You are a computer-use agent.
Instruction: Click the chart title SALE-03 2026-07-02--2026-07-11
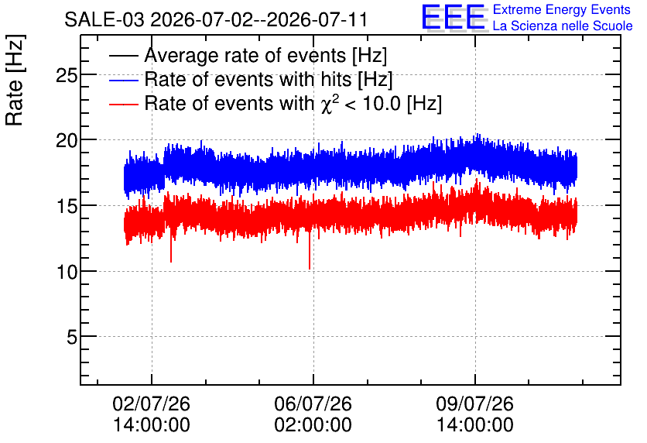(x=216, y=19)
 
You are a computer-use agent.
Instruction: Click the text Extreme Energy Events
(x=562, y=9)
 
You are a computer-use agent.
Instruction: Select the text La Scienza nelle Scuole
(x=563, y=26)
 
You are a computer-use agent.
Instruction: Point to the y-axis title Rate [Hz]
(x=15, y=80)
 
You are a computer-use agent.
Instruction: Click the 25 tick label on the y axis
(x=67, y=75)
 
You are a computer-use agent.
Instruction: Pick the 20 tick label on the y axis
(x=67, y=141)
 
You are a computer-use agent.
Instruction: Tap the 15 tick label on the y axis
(x=67, y=206)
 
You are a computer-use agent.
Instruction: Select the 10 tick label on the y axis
(x=67, y=272)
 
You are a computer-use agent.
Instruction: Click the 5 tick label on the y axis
(x=72, y=337)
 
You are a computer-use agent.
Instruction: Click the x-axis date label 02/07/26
(x=152, y=404)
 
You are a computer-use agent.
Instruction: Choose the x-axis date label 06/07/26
(x=313, y=404)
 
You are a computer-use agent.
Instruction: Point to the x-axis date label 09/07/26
(x=475, y=404)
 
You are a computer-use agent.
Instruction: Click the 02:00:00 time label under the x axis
(x=313, y=424)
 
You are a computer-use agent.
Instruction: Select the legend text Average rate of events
(x=245, y=55)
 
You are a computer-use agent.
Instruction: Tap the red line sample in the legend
(x=124, y=104)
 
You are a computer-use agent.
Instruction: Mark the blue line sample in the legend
(x=124, y=80)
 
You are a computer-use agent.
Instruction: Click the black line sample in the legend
(x=124, y=56)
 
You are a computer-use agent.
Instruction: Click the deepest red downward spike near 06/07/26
(x=310, y=268)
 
